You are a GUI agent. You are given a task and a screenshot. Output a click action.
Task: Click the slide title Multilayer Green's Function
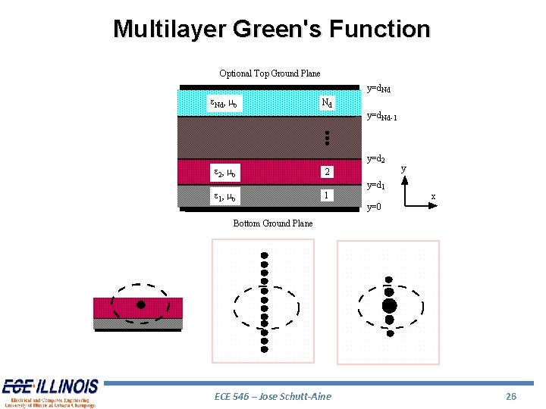tap(271, 30)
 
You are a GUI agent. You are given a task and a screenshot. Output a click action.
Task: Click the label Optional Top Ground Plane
tap(269, 73)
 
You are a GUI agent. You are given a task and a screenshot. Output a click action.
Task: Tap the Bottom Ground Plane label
tap(272, 223)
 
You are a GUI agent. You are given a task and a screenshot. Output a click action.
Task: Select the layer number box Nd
tap(326, 102)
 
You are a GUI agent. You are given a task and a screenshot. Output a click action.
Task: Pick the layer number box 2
tap(326, 172)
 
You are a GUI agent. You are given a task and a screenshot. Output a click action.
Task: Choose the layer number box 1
tap(326, 195)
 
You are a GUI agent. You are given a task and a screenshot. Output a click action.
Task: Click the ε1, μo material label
tap(225, 197)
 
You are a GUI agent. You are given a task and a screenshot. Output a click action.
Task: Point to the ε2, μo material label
tap(225, 173)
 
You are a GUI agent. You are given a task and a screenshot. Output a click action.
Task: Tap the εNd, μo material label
tap(225, 103)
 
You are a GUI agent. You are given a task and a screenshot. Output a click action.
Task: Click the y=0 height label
tap(374, 207)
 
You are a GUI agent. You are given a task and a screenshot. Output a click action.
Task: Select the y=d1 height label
tap(377, 186)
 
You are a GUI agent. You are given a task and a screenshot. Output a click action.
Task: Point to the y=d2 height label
tap(377, 160)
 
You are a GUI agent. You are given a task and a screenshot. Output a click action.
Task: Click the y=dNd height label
tap(379, 89)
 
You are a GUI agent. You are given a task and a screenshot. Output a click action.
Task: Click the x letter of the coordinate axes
tap(433, 197)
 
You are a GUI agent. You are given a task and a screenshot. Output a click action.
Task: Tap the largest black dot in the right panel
tap(389, 305)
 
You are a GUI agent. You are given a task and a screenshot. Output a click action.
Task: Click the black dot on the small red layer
tap(140, 305)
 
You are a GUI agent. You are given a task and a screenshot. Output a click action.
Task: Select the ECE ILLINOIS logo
tap(49, 392)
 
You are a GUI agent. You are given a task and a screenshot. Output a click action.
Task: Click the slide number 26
tap(511, 396)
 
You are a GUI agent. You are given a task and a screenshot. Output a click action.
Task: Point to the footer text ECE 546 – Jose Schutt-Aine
tap(273, 396)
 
